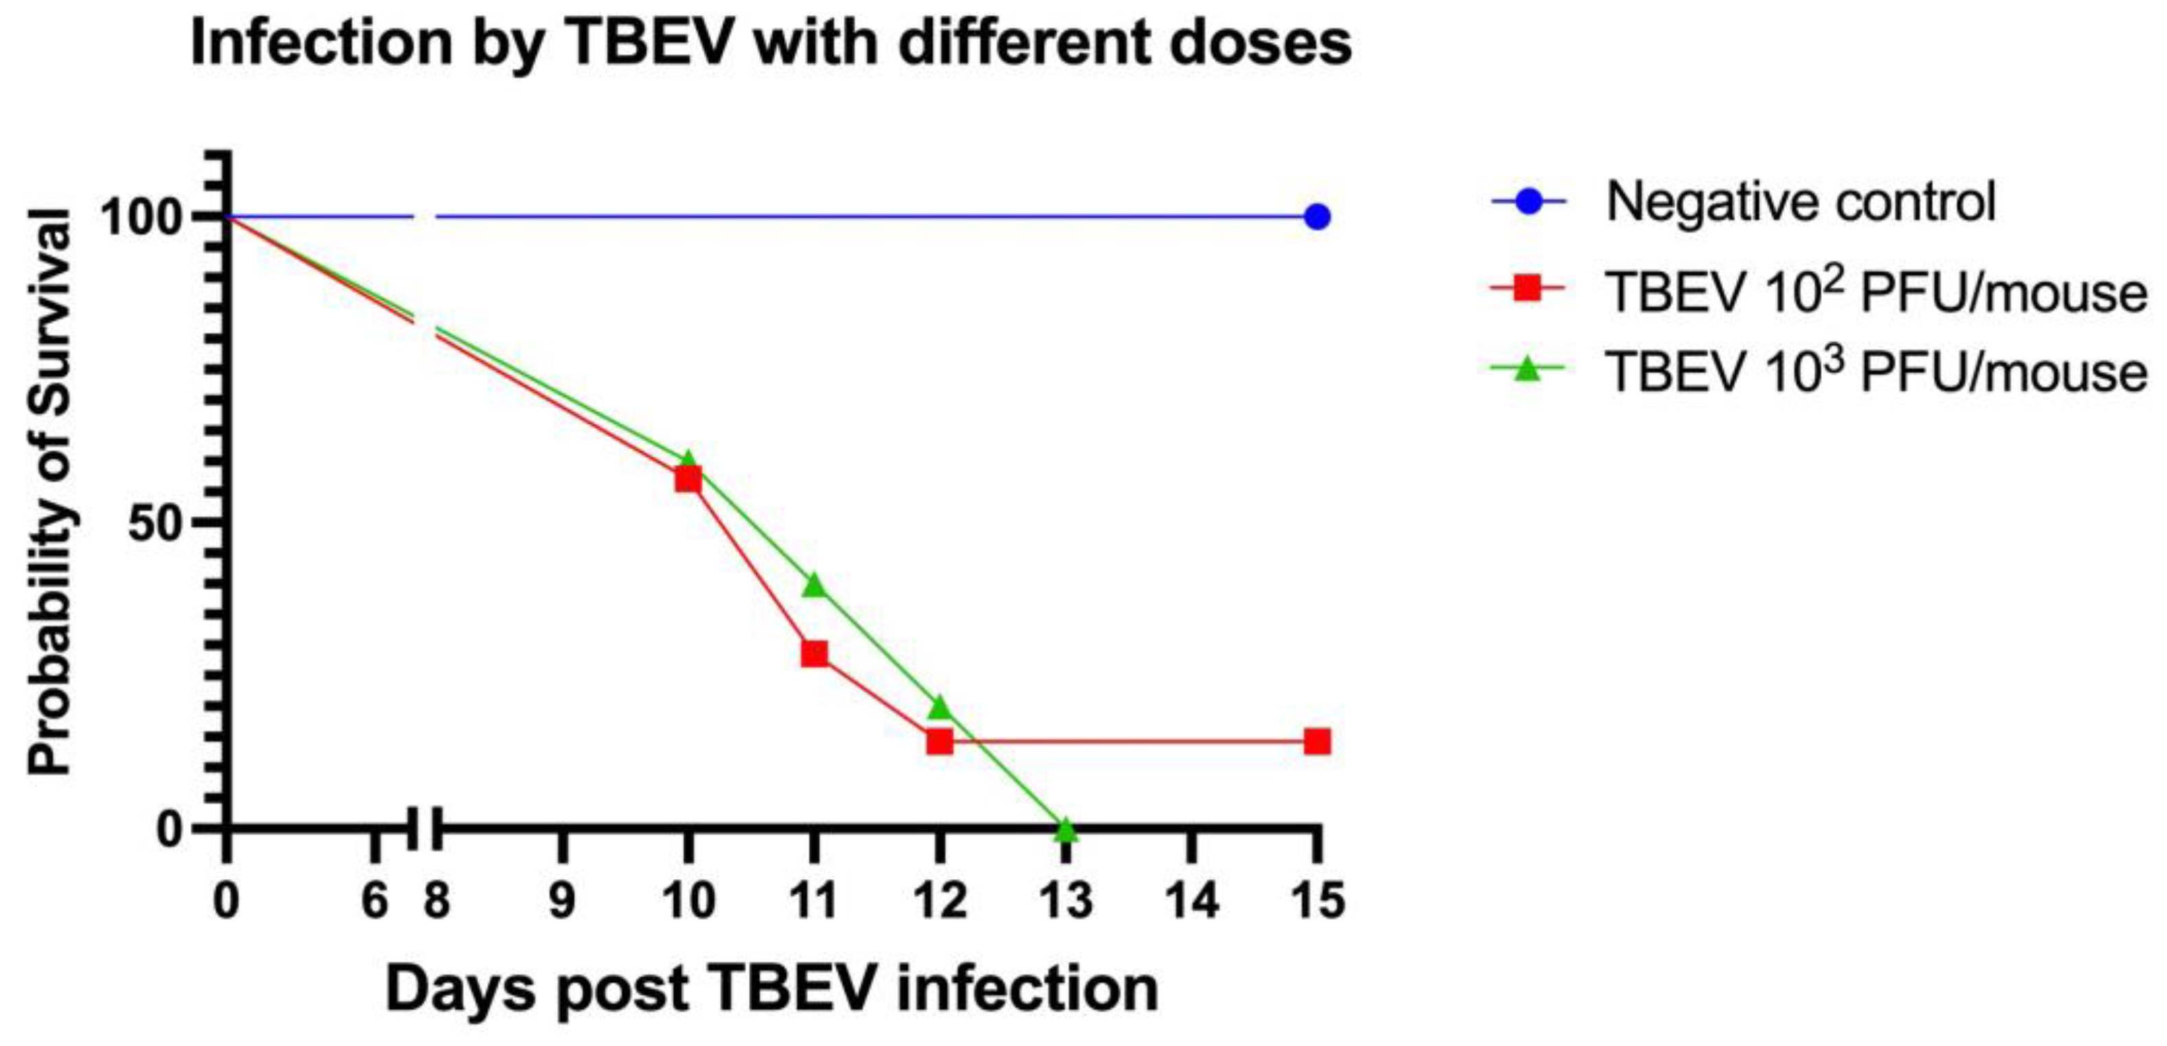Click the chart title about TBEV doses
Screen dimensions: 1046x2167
[x=771, y=44]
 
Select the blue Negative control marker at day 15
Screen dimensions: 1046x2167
[x=1317, y=217]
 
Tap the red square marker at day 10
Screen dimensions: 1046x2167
[x=688, y=479]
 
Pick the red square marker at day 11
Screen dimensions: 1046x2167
[x=814, y=653]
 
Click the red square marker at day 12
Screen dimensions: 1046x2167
[x=940, y=741]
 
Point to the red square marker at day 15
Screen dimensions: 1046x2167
[x=1317, y=741]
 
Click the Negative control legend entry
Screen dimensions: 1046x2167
[x=1800, y=202]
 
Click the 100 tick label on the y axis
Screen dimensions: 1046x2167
[x=141, y=218]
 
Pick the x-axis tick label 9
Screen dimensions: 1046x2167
[x=562, y=900]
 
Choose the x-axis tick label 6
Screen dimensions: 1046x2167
[x=374, y=900]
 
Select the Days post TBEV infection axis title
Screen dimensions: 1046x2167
[x=772, y=990]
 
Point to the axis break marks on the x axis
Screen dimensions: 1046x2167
[x=425, y=830]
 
